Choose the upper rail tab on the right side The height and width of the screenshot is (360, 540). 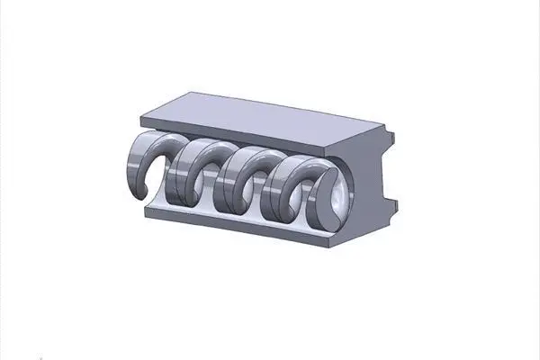click(391, 139)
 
